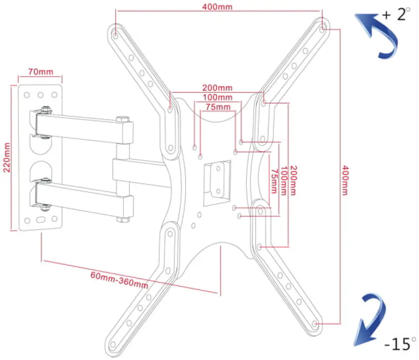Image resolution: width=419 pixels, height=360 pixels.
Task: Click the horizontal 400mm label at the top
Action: click(217, 7)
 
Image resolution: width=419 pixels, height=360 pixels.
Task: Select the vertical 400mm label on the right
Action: click(345, 180)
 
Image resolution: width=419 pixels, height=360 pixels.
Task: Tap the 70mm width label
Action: click(41, 72)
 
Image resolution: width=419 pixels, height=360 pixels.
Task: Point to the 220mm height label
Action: click(7, 157)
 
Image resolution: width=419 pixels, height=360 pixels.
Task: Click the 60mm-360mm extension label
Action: click(119, 280)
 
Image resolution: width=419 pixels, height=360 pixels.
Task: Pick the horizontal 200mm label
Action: click(217, 88)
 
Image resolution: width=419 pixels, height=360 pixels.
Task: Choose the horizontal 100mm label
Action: click(217, 97)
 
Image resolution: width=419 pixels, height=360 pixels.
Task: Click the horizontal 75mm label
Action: click(218, 107)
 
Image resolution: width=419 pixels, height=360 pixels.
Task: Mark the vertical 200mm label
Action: click(293, 180)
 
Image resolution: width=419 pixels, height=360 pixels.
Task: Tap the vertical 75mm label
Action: click(274, 181)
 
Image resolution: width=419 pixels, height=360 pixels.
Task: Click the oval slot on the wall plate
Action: click(41, 220)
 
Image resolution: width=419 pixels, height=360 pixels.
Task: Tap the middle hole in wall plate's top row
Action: click(40, 95)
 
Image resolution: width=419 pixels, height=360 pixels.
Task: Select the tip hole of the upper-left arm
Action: click(115, 35)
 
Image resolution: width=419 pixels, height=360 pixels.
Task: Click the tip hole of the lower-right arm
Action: click(315, 324)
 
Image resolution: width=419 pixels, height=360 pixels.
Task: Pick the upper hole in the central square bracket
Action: click(218, 169)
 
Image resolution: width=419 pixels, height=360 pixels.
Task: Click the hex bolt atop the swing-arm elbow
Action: click(123, 119)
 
